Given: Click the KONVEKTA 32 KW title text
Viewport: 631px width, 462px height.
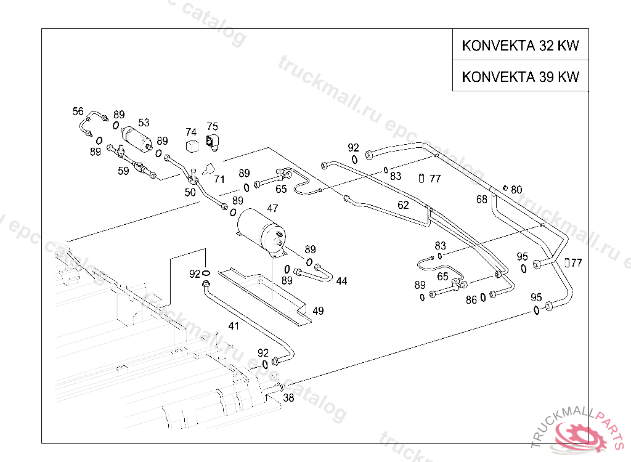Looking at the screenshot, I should click(521, 46).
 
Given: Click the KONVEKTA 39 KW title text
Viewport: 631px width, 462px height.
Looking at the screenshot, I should click(521, 77).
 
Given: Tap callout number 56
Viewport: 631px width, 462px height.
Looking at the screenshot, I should click(78, 111).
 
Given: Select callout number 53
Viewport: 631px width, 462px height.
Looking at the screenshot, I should click(144, 123).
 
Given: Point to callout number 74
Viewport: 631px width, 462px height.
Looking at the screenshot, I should click(191, 132).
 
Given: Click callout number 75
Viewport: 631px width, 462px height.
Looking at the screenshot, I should click(212, 126).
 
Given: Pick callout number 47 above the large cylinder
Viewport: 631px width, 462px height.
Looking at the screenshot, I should click(272, 208).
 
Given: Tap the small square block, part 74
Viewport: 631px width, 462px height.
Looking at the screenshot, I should click(192, 145).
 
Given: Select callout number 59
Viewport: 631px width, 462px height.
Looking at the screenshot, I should click(124, 171).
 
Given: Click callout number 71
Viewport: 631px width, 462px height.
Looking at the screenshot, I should click(219, 179).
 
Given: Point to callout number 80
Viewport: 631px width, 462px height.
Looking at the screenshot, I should click(516, 190).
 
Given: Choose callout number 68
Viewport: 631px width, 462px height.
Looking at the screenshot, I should click(482, 199).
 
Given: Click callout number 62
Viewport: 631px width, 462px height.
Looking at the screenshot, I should click(403, 205).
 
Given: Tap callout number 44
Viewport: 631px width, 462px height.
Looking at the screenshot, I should click(341, 281).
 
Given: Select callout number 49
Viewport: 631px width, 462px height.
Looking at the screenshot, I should click(318, 311).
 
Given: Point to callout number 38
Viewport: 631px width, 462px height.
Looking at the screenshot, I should click(288, 398).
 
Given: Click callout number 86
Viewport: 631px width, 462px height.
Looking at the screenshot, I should click(471, 300).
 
